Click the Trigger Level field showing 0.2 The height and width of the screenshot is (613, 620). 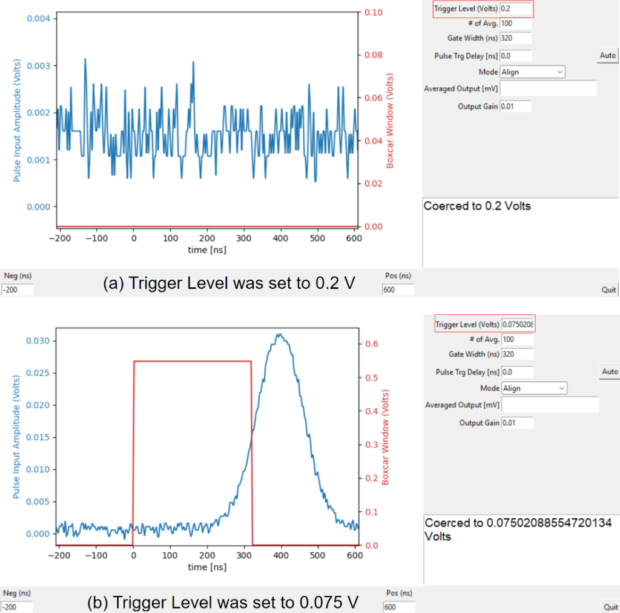tap(515, 9)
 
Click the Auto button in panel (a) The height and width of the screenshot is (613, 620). tap(607, 56)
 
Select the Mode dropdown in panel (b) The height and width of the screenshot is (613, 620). tap(533, 388)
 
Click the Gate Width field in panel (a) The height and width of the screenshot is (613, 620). tap(515, 39)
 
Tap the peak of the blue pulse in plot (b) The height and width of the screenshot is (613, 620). tap(278, 334)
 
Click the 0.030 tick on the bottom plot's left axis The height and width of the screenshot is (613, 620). tap(38, 341)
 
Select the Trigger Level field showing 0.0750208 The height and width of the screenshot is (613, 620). tap(518, 325)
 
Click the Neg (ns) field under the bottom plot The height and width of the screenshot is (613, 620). tap(17, 606)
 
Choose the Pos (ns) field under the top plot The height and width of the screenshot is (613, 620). tap(398, 290)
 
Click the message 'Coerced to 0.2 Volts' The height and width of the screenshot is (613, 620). tap(477, 207)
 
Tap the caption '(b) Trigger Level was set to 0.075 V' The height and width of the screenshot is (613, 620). tap(223, 603)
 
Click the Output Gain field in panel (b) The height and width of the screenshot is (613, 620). tap(517, 423)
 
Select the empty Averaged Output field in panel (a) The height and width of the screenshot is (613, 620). tap(548, 89)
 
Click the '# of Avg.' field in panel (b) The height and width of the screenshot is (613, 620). tap(517, 340)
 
